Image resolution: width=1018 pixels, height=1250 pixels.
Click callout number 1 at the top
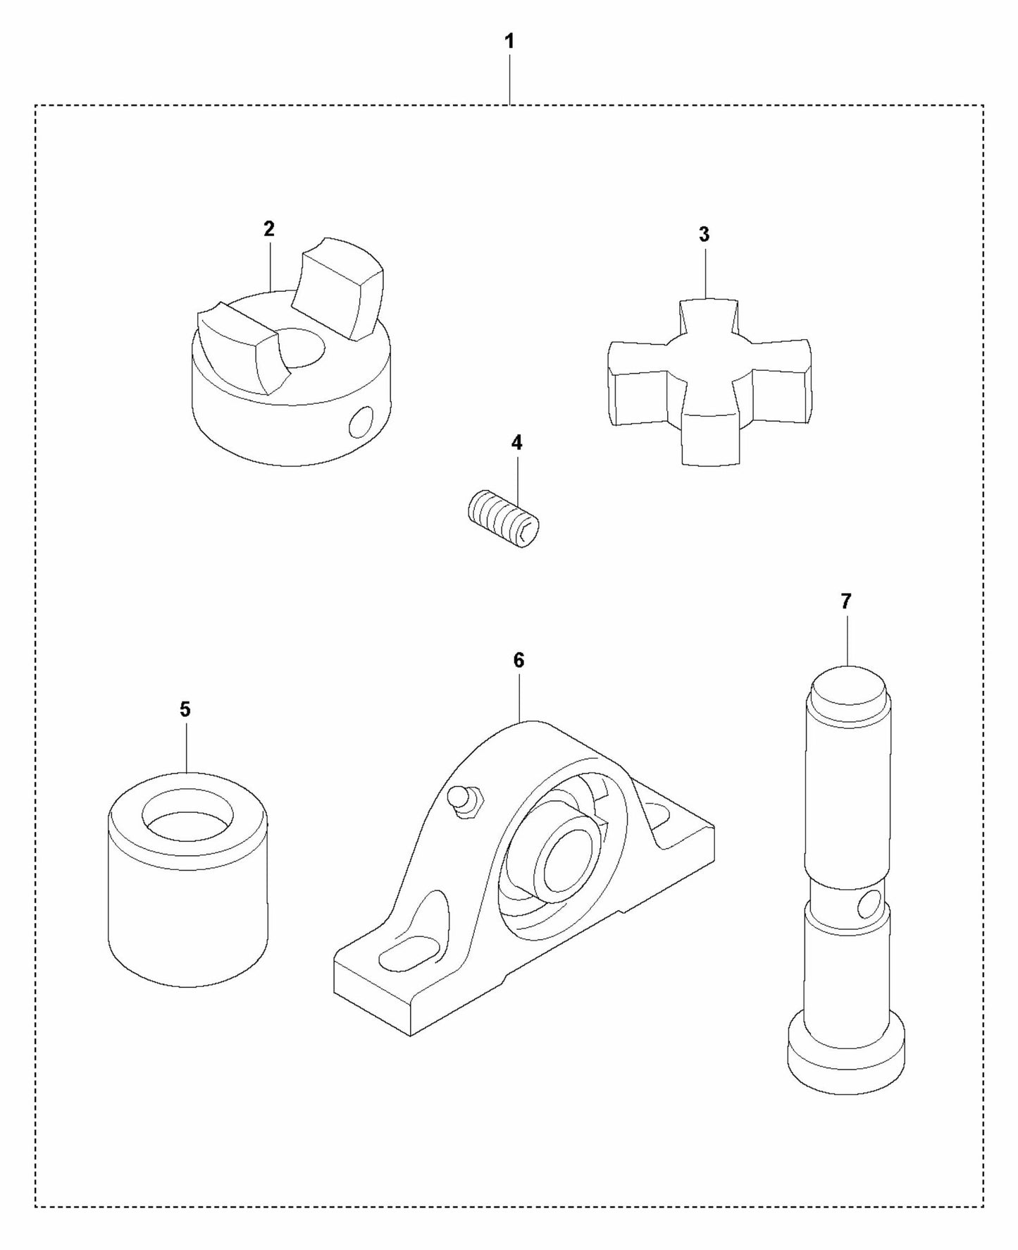[x=509, y=42]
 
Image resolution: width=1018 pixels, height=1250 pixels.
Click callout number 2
[x=269, y=229]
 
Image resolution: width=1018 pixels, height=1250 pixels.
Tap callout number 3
[x=704, y=235]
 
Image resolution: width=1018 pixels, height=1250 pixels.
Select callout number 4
[x=516, y=443]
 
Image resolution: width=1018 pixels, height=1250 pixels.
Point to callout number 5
[x=185, y=709]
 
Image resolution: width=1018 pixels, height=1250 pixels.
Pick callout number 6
[x=519, y=661]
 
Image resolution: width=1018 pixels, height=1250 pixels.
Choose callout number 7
[x=845, y=601]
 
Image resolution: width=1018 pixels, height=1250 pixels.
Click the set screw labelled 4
[x=504, y=519]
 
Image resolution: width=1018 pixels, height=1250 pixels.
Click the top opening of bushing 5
[x=187, y=816]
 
